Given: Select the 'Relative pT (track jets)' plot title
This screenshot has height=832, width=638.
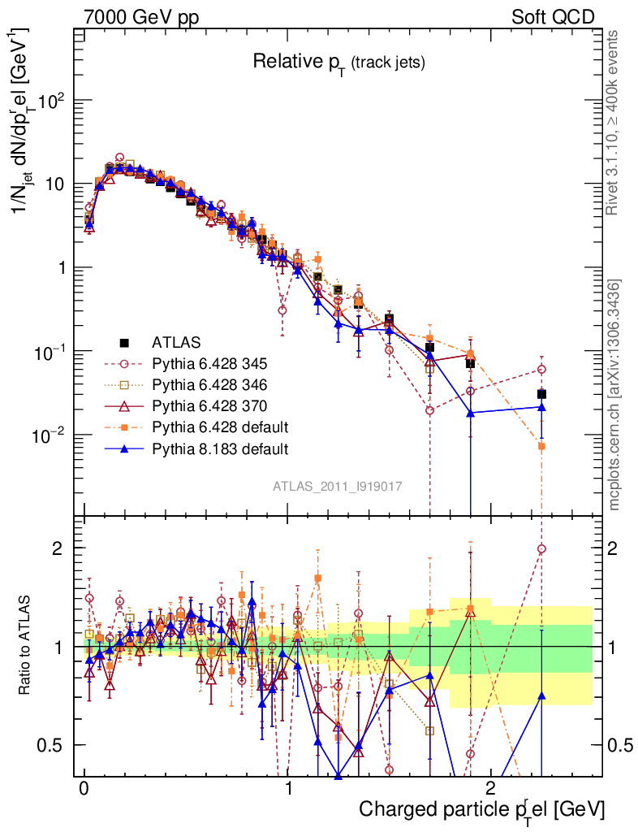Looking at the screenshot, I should point(338,62).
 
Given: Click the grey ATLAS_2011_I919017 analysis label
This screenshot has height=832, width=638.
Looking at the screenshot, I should point(338,487).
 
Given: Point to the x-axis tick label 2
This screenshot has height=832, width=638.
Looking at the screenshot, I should point(490,788).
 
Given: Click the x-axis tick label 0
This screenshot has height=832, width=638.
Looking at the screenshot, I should point(84,788).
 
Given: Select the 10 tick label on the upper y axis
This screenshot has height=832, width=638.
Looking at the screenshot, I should point(54,184).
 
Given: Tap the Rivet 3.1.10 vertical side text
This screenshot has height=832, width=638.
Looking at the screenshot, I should point(614,122).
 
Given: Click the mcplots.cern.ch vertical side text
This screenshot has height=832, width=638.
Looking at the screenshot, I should point(614,394).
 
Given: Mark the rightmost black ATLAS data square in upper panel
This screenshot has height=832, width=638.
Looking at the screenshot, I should point(541,394).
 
